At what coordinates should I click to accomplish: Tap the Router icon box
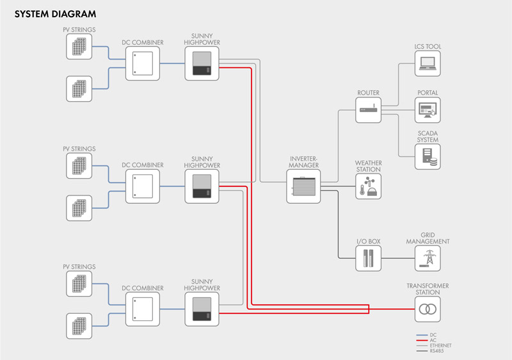tap(369, 110)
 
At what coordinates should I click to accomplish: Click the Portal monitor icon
tap(427, 110)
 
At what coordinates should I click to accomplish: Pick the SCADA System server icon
tap(427, 156)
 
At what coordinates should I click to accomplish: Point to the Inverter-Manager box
tap(303, 187)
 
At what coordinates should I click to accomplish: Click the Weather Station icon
tap(369, 186)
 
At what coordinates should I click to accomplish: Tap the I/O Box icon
tap(369, 259)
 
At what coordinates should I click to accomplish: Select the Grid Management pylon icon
tap(427, 259)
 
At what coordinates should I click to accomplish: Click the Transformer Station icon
tap(427, 309)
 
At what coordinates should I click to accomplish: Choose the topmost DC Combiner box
tap(142, 63)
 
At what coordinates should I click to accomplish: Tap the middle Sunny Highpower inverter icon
tap(202, 186)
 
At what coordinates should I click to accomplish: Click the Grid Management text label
tap(427, 238)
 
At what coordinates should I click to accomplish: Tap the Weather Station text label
tap(369, 166)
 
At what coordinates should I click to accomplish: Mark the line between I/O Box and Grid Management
tap(398, 259)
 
